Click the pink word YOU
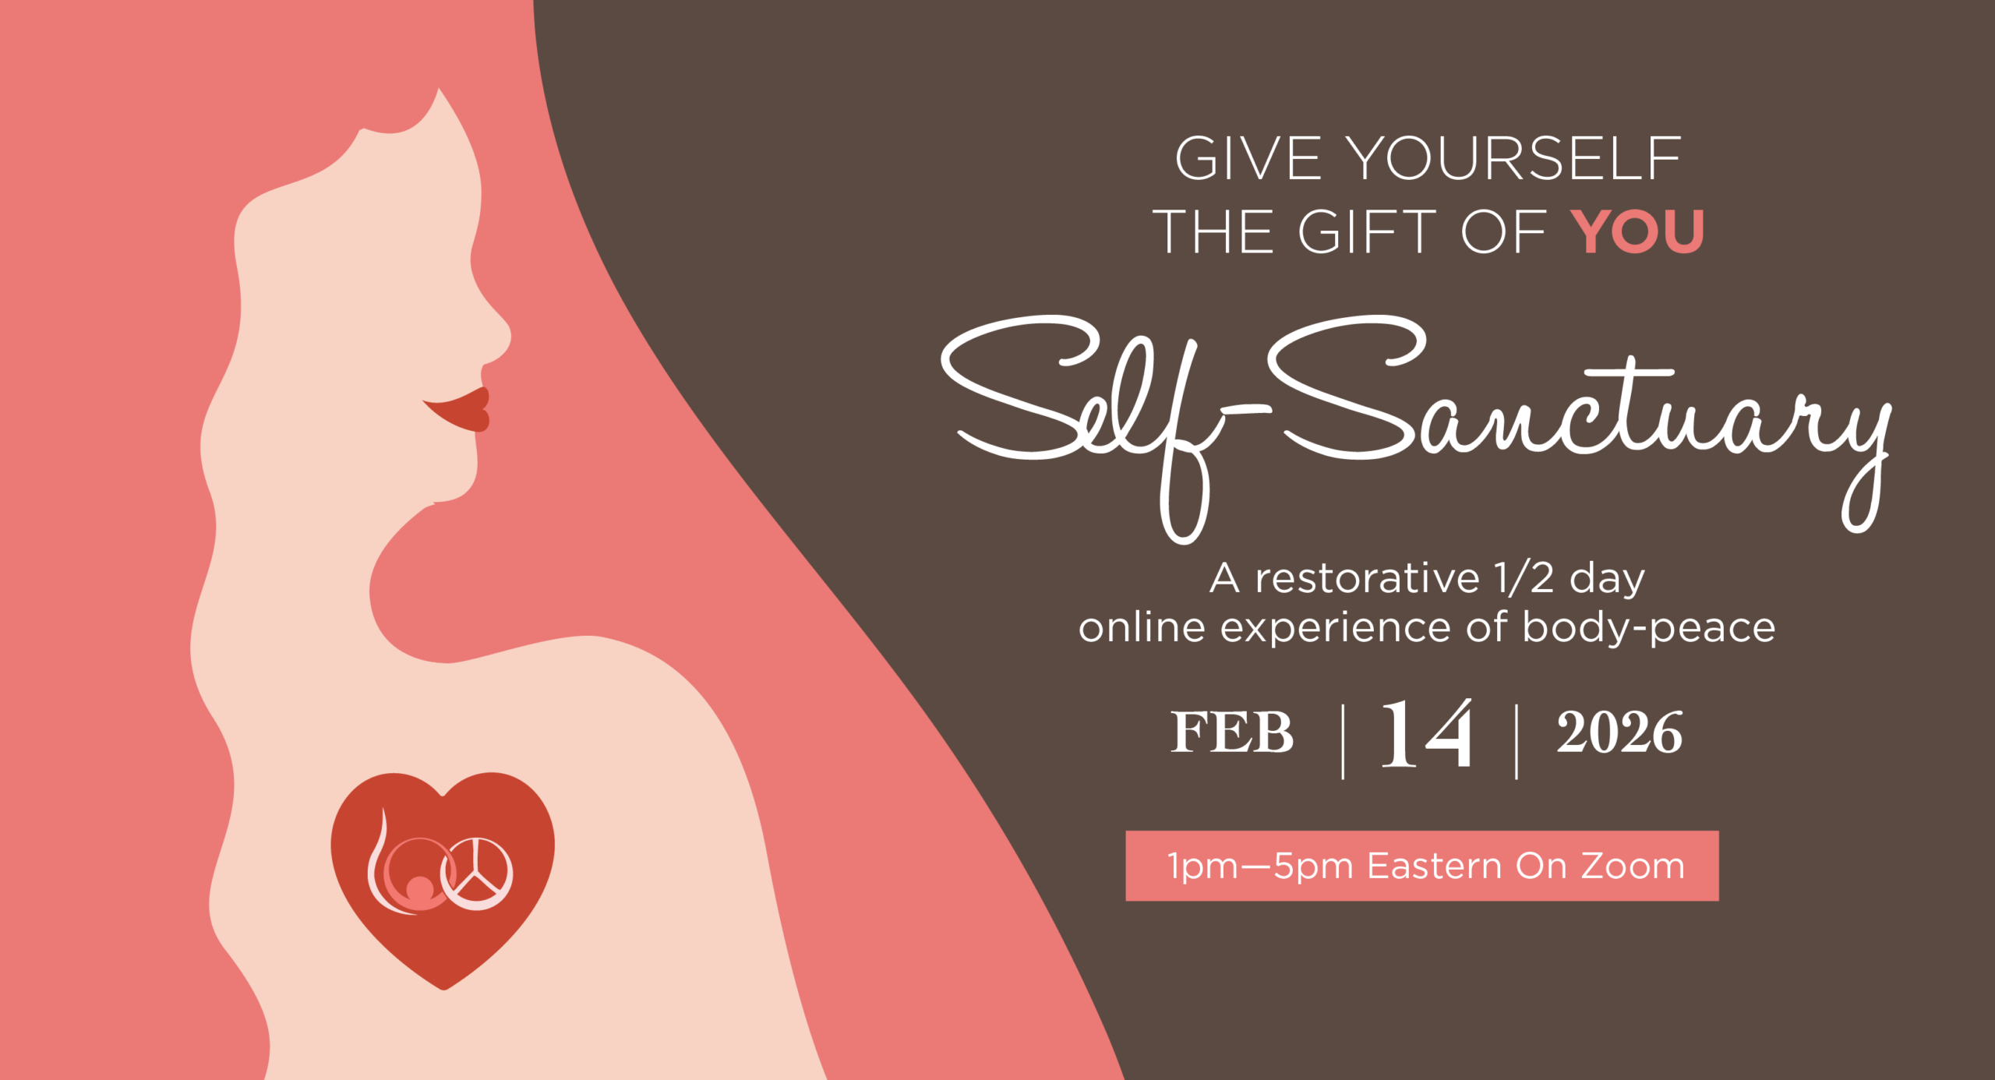(x=1637, y=231)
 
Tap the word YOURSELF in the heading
(x=1514, y=158)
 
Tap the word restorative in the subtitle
(x=1367, y=578)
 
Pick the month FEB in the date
(x=1232, y=732)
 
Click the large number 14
(x=1427, y=733)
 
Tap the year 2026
(x=1619, y=732)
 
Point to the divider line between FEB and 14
(x=1343, y=741)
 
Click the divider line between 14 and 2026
(x=1517, y=741)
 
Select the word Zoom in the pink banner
(x=1633, y=866)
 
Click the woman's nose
(x=491, y=335)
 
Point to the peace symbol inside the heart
(x=476, y=874)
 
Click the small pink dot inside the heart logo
(x=420, y=888)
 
